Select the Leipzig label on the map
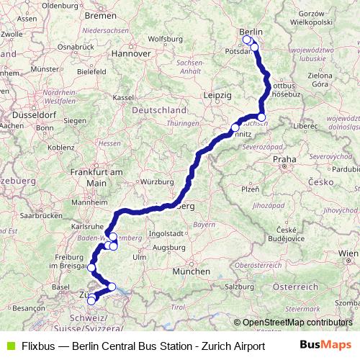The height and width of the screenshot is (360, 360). click(x=217, y=95)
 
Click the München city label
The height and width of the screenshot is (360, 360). click(x=191, y=271)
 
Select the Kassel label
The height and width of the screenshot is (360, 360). click(x=124, y=96)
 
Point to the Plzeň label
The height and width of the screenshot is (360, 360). click(x=250, y=189)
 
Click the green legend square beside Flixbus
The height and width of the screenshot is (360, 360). click(x=9, y=346)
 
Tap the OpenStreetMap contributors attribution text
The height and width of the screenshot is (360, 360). click(x=297, y=323)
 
